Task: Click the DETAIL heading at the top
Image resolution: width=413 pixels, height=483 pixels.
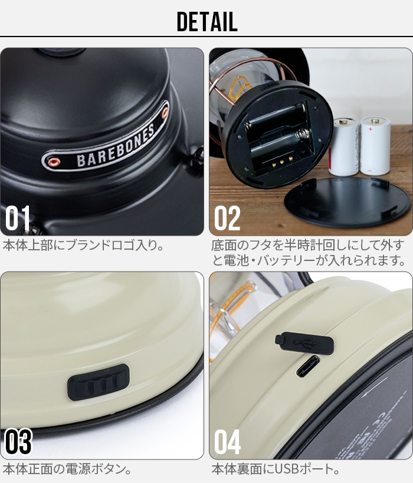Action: click(x=207, y=22)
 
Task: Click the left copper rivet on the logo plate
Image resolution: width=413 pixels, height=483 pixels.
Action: click(x=54, y=161)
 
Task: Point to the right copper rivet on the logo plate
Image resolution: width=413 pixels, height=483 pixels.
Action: click(x=165, y=113)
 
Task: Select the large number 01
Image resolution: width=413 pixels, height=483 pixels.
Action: click(x=18, y=218)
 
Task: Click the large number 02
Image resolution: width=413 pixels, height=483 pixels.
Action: click(x=227, y=218)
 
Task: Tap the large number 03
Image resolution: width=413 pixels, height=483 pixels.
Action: click(x=18, y=441)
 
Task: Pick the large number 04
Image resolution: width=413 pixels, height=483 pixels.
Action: click(x=227, y=441)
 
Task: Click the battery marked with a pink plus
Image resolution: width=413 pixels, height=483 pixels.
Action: click(x=375, y=145)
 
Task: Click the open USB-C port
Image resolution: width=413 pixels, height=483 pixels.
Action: click(x=308, y=366)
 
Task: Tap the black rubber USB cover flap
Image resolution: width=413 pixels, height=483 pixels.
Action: click(x=304, y=342)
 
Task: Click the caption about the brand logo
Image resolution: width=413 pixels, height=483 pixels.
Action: click(x=83, y=246)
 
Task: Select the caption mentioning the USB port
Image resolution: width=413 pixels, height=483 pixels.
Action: click(x=276, y=469)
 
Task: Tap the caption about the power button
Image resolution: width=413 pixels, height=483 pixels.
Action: click(x=67, y=469)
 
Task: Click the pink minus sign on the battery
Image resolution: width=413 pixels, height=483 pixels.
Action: click(x=370, y=171)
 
